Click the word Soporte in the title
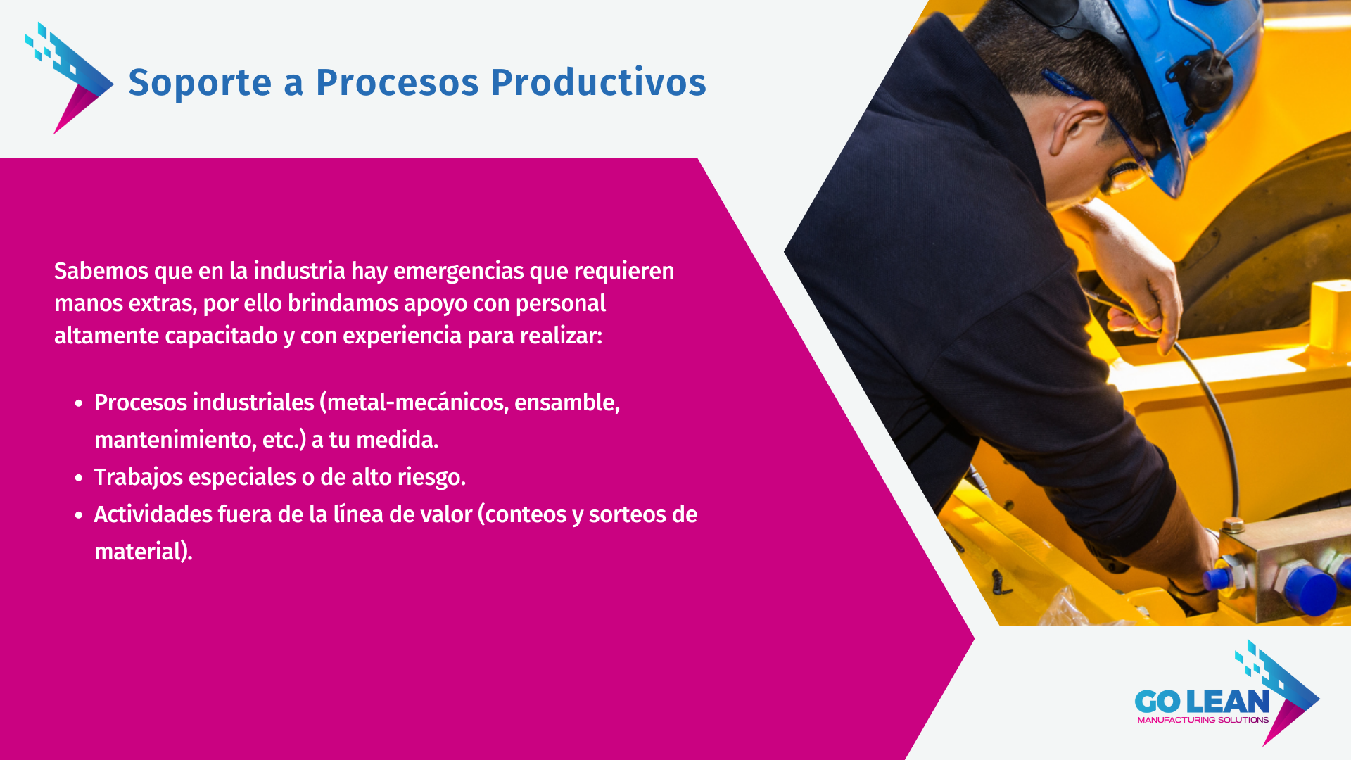click(x=200, y=82)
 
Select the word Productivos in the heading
click(x=598, y=82)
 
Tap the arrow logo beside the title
click(x=69, y=78)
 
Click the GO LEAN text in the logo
click(x=1202, y=701)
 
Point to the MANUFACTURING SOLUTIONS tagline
click(x=1203, y=720)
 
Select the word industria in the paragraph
click(x=299, y=270)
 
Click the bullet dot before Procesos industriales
click(x=79, y=403)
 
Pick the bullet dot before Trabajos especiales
click(x=79, y=478)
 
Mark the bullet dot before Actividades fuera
click(x=79, y=515)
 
